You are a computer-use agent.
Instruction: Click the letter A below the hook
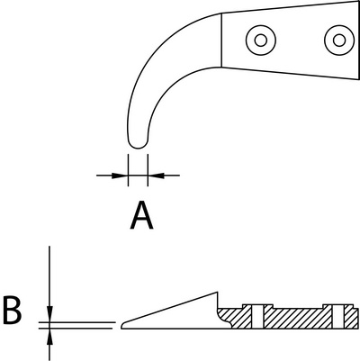(x=142, y=215)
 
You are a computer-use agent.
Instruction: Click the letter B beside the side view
(x=13, y=310)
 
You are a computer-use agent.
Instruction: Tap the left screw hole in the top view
(x=261, y=41)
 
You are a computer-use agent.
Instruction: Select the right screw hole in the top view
(x=339, y=41)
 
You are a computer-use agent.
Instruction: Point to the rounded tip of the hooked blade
(x=138, y=147)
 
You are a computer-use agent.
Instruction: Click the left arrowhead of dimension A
(x=120, y=176)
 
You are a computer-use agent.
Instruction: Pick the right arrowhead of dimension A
(x=156, y=176)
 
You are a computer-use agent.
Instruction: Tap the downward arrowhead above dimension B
(x=49, y=314)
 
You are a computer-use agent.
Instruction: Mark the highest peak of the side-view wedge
(x=217, y=292)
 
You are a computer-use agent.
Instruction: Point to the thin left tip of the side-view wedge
(x=121, y=326)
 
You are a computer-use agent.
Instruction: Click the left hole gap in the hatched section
(x=257, y=317)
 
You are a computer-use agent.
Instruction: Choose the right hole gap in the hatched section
(x=338, y=317)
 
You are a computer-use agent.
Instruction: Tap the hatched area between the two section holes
(x=298, y=318)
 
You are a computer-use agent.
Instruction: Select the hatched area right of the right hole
(x=351, y=318)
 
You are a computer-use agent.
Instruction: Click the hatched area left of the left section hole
(x=238, y=318)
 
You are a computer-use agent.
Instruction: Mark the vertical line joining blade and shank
(x=221, y=40)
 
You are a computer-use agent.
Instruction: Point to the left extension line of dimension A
(x=128, y=170)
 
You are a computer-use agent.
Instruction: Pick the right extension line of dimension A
(x=148, y=170)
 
